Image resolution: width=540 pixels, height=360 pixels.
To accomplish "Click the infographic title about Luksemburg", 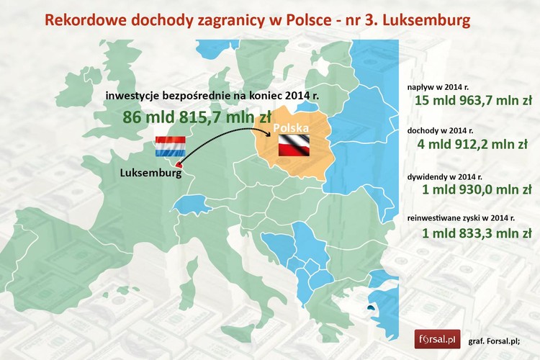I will pos(257,19).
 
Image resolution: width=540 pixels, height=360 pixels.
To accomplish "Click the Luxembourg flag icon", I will pos(170,146).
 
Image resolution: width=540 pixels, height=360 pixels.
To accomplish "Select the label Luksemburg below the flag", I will pos(149,172).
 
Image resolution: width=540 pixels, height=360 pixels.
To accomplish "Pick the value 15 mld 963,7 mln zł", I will pos(473,100).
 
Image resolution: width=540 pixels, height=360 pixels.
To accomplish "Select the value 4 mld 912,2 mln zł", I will pos(473,145).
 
